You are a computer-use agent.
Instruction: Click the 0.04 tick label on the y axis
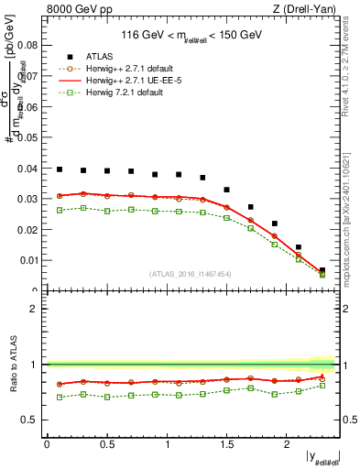(x=29, y=169)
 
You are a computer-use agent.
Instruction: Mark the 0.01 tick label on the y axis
(x=29, y=261)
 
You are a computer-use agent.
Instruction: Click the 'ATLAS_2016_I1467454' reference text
(x=190, y=273)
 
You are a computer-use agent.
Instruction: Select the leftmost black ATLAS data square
(x=60, y=169)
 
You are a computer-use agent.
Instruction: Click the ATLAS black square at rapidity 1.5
(x=226, y=190)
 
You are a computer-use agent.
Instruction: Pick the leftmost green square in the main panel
(x=60, y=210)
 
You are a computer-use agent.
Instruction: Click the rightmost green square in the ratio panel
(x=322, y=385)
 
